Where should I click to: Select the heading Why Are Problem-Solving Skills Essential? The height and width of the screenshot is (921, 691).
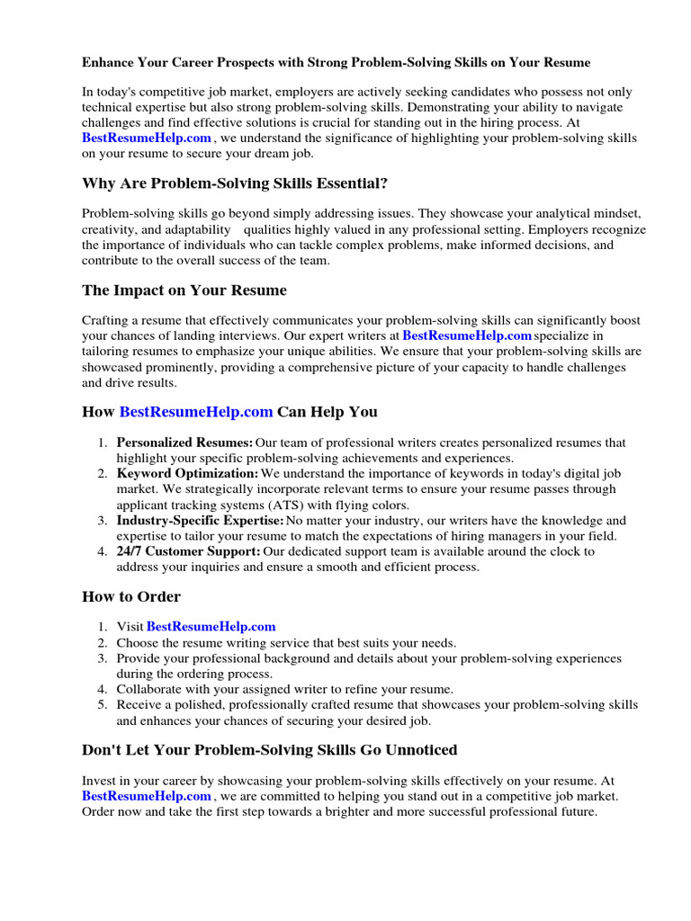pyautogui.click(x=235, y=183)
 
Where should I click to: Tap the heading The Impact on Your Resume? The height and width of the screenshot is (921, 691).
pyautogui.click(x=184, y=291)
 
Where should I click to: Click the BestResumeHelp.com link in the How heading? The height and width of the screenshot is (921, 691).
pyautogui.click(x=196, y=412)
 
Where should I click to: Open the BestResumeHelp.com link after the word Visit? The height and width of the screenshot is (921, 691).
pyautogui.click(x=211, y=626)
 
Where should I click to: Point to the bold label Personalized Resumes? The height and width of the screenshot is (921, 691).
pyautogui.click(x=184, y=443)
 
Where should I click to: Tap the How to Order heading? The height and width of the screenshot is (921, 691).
pyautogui.click(x=131, y=596)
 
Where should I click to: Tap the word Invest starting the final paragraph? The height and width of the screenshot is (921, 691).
pyautogui.click(x=99, y=781)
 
